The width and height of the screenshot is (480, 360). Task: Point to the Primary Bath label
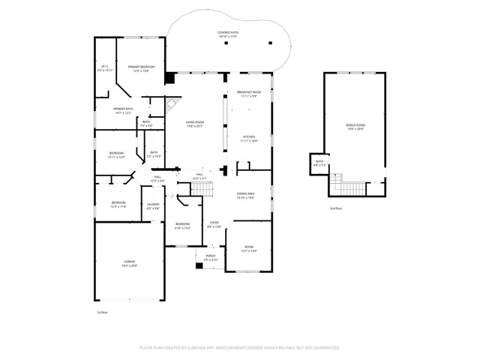123,110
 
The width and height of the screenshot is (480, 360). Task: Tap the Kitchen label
249,139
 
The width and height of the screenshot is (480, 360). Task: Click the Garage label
130,263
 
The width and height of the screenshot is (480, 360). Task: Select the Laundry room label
153,204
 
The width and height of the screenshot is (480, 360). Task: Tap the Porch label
211,257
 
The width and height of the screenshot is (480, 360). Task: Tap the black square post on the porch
199,265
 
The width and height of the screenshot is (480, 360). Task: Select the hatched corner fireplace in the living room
173,104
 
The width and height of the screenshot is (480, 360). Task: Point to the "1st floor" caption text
102,311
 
